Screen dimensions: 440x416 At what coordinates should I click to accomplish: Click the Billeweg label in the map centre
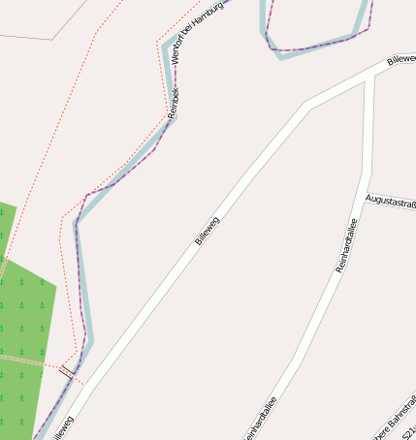(207, 230)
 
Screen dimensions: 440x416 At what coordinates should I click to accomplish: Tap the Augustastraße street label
(391, 201)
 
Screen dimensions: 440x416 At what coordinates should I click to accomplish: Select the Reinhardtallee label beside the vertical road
(347, 244)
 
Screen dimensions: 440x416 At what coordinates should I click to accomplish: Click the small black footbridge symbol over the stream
(67, 370)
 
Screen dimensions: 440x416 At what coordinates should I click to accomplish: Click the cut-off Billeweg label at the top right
(401, 58)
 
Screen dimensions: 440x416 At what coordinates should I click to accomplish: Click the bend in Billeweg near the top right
(307, 104)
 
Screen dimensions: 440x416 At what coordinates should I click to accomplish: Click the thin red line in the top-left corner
(39, 38)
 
